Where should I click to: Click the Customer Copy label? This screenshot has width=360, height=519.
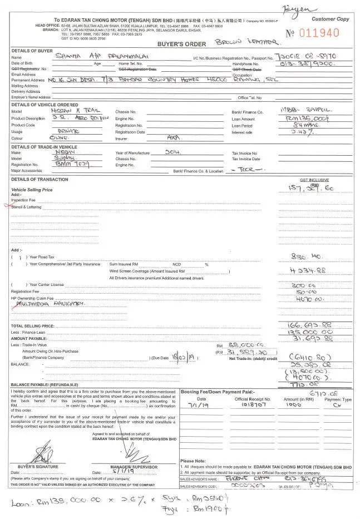[x=330, y=19]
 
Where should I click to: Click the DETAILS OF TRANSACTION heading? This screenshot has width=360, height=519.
[x=40, y=179]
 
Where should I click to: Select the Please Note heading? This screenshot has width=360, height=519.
[x=193, y=461]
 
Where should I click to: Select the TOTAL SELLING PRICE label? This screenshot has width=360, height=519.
[x=33, y=325]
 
